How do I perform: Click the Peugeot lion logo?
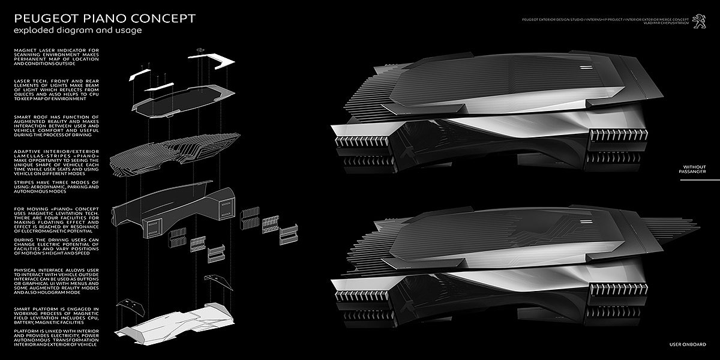[698, 19]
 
